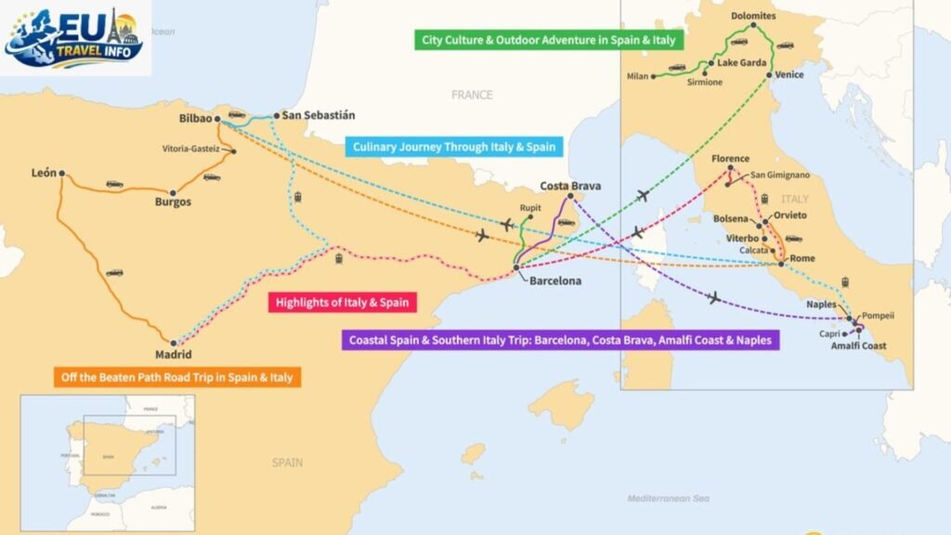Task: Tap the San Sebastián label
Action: point(319,116)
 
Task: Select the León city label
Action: point(44,173)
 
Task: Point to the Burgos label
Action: point(173,202)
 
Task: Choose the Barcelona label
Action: point(555,281)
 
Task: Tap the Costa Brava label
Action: point(570,186)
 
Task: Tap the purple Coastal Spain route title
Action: point(561,341)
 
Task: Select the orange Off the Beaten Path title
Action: point(175,378)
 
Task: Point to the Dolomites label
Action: point(752,16)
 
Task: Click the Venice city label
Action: point(789,74)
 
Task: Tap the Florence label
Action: point(730,159)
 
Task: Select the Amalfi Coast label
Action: point(859,346)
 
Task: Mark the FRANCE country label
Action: point(471,95)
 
